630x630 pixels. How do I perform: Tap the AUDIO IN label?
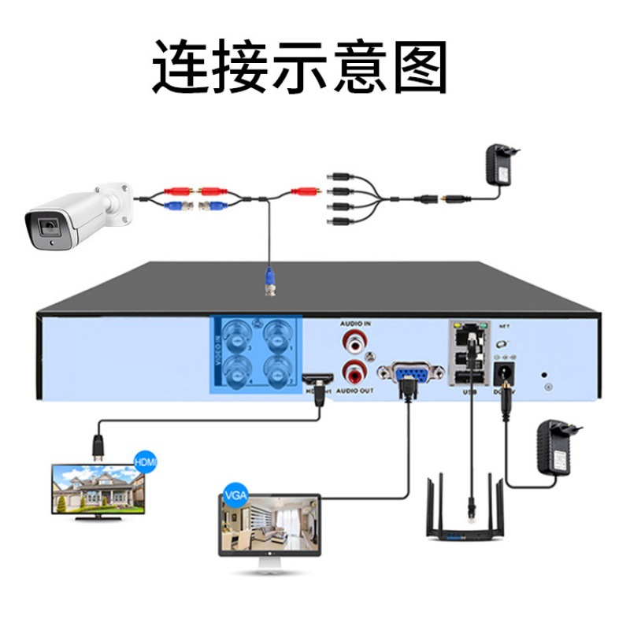(x=355, y=324)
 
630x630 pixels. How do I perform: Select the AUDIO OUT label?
(x=355, y=391)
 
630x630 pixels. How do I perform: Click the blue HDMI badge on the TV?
(x=146, y=460)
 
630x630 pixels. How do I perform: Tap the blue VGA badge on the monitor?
(x=235, y=495)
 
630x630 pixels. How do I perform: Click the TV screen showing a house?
(x=92, y=488)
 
